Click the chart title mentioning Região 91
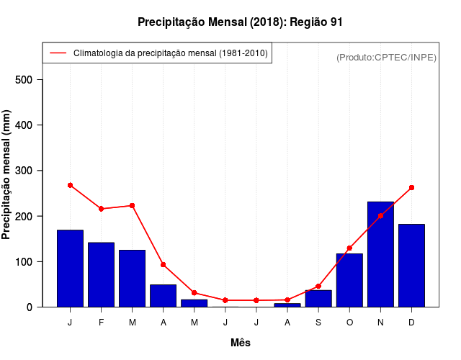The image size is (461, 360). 240,22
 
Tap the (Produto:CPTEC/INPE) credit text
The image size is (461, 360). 386,57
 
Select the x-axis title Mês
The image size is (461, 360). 241,343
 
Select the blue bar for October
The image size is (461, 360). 349,280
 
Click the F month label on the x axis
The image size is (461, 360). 101,322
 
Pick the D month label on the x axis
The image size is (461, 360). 411,322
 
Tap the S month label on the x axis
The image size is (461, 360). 318,322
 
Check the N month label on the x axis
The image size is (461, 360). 380,322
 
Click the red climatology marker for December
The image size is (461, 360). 411,187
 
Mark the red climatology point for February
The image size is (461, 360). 101,209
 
